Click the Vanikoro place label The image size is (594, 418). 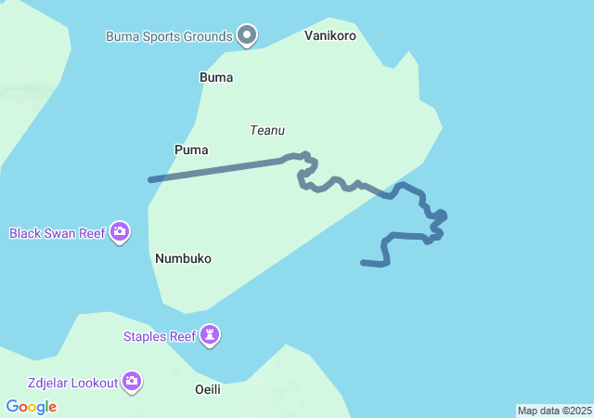tap(329, 35)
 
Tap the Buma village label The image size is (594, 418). tap(216, 77)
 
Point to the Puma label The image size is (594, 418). tap(191, 150)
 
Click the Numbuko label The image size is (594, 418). tap(183, 258)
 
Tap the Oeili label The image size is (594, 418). tap(208, 389)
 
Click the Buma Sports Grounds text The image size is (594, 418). tap(168, 36)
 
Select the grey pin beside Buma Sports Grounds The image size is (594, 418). tap(247, 36)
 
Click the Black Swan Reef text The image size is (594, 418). tap(57, 232)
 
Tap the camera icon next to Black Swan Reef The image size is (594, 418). tap(120, 231)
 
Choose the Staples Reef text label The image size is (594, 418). tap(159, 336)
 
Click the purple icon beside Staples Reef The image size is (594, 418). tap(211, 335)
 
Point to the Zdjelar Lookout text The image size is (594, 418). tap(72, 382)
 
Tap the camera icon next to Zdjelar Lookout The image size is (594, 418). tap(132, 381)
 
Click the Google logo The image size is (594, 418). tap(31, 407)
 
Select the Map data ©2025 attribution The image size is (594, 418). tap(554, 411)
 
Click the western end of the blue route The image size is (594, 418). tap(150, 179)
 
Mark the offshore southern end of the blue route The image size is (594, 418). tap(363, 263)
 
